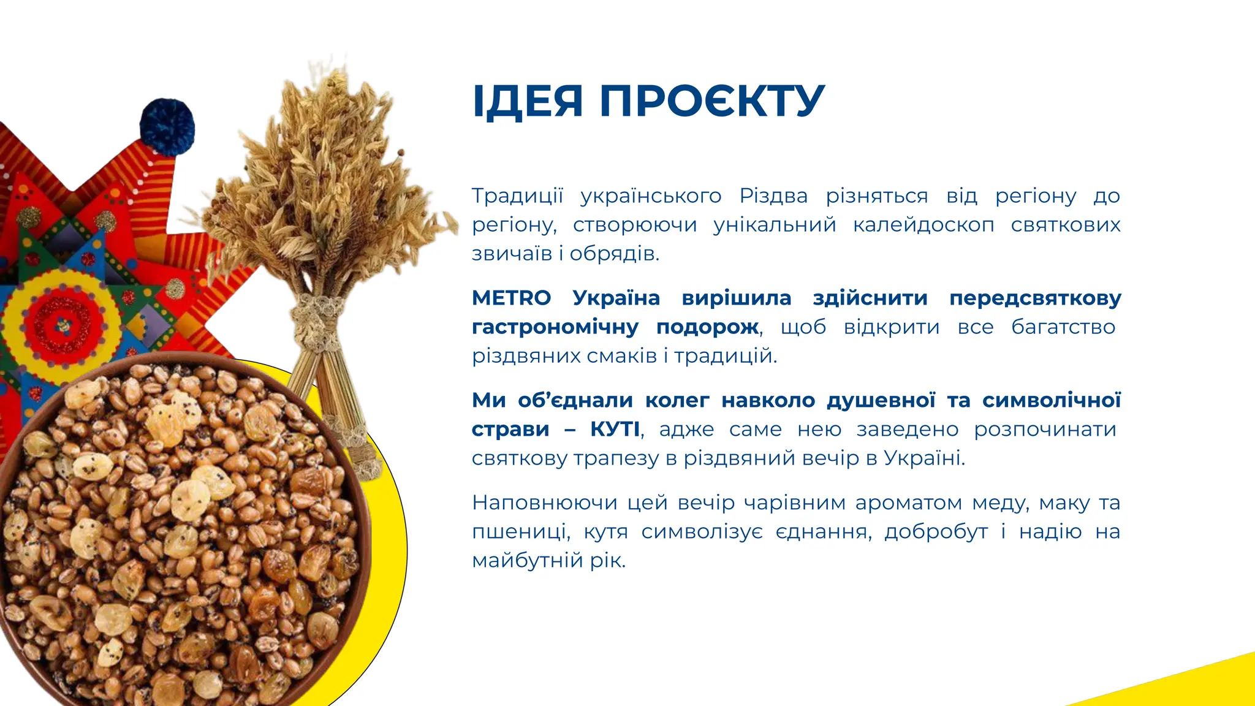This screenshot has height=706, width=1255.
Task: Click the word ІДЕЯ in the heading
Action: point(527,101)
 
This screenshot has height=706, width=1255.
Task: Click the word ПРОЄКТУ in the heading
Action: point(711,101)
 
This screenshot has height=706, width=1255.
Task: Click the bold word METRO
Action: point(511,298)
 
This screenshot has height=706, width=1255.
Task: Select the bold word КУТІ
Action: point(615,430)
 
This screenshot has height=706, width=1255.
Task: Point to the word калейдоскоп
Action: point(923,225)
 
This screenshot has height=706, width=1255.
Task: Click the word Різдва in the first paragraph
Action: point(773,196)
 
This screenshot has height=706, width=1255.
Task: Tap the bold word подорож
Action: point(707,327)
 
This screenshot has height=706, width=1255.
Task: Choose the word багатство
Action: point(1063,327)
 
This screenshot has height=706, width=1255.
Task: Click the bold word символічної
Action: point(1051,401)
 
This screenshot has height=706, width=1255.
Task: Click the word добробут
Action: point(936,532)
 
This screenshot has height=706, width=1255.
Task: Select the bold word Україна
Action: point(616,298)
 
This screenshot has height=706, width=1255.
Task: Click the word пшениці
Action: point(520,532)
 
